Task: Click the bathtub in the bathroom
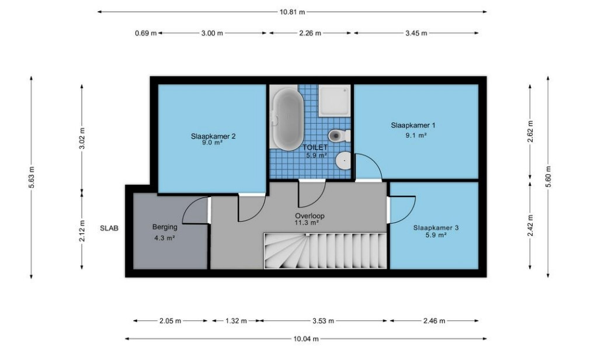(287, 119)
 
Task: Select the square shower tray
(334, 101)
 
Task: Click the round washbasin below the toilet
(343, 161)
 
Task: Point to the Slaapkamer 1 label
(413, 125)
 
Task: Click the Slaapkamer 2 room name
(213, 136)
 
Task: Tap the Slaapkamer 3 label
(436, 227)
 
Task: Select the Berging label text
(165, 227)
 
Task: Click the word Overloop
(310, 216)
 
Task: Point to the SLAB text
(109, 228)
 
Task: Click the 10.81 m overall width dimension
(292, 12)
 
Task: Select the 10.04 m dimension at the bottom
(306, 339)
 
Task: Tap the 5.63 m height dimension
(32, 177)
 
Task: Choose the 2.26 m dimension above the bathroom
(310, 33)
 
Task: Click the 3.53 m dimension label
(323, 321)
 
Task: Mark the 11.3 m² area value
(307, 223)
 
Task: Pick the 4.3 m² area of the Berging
(164, 238)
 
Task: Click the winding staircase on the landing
(325, 251)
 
